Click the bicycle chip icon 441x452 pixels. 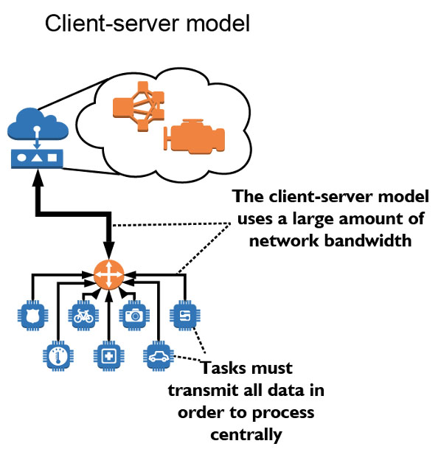coord(83,316)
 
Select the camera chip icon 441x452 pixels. coord(134,316)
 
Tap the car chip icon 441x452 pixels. coord(159,356)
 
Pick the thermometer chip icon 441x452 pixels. coord(58,356)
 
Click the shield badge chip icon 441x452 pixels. coord(33,316)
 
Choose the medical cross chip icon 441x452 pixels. coord(108,356)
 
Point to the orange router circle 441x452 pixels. coord(109,274)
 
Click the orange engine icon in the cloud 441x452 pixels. coord(194,136)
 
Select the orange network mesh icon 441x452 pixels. coord(139,106)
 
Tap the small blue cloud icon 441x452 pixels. coord(38,124)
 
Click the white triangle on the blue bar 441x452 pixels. coord(37,158)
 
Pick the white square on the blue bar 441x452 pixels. coord(52,157)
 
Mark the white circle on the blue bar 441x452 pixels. coord(21,158)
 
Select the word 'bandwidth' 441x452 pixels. coord(368,240)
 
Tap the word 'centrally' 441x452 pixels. coord(246,435)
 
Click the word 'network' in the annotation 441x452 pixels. coord(284,240)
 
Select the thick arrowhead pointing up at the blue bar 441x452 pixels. coord(38,177)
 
